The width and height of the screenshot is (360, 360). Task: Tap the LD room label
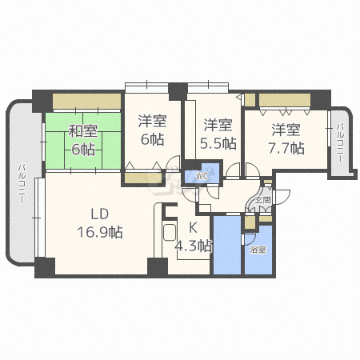[98, 214]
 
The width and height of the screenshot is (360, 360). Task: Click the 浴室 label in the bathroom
[257, 250]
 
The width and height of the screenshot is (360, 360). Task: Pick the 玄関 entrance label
[262, 200]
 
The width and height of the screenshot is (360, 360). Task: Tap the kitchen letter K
[192, 227]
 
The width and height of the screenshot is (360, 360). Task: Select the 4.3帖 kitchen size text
[194, 245]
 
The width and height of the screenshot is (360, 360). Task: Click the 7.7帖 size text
[286, 147]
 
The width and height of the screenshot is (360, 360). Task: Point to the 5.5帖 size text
[218, 144]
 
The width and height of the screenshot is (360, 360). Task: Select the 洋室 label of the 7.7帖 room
[285, 129]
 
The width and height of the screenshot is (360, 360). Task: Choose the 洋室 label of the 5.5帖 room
[218, 125]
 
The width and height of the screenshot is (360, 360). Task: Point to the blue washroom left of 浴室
[227, 244]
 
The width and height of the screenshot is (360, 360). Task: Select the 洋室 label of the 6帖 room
[152, 122]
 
